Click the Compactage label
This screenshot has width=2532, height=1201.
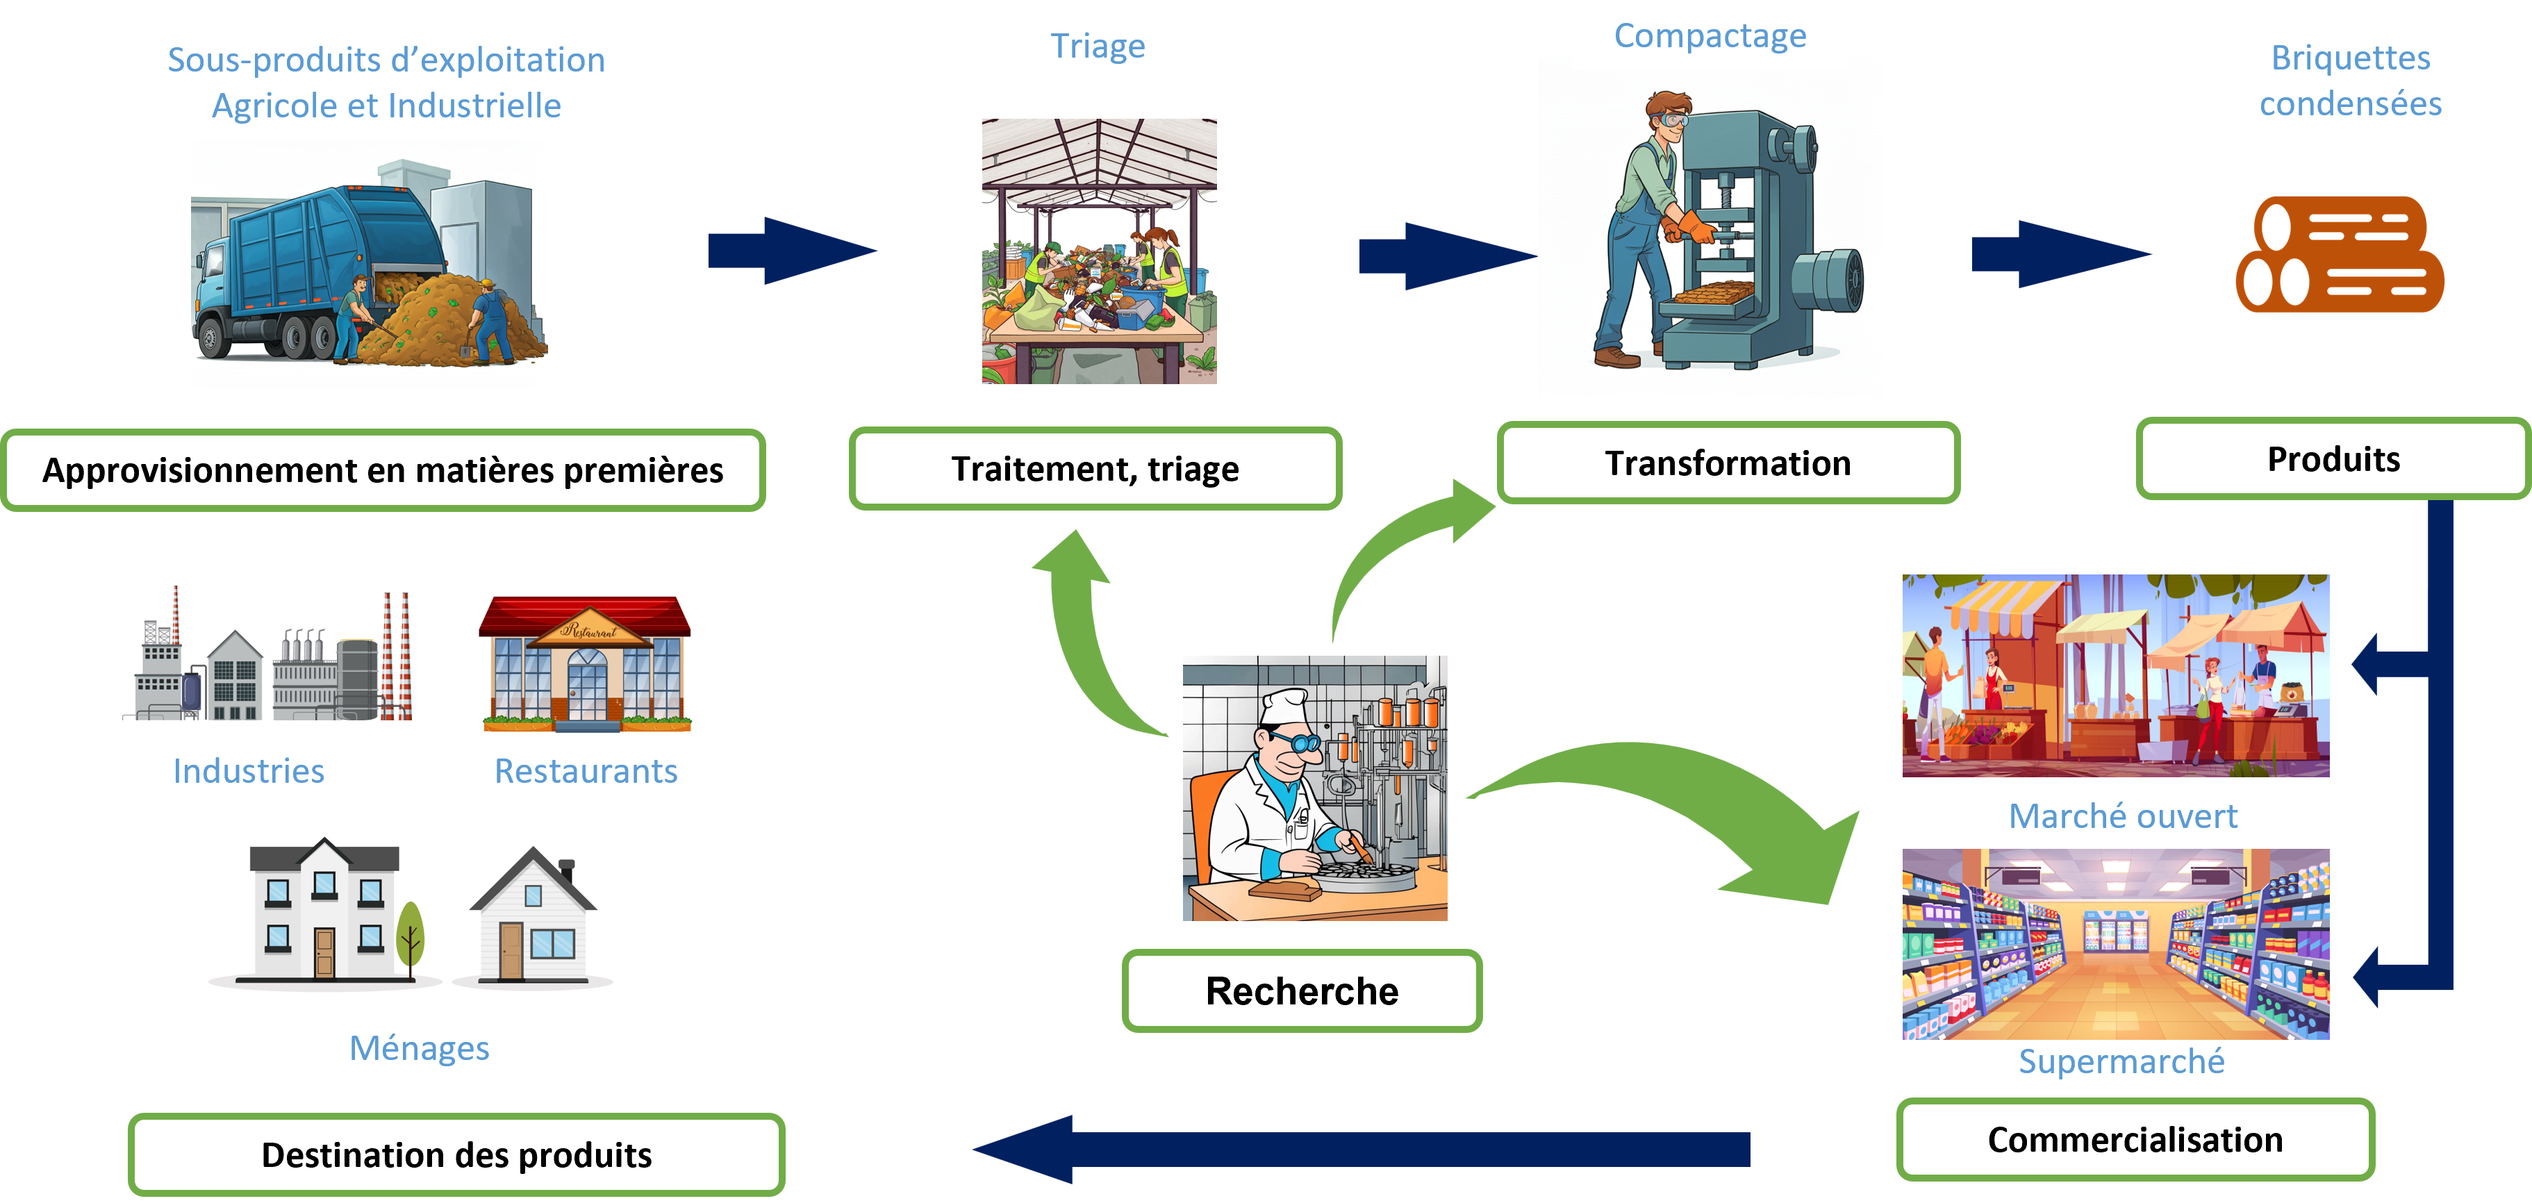point(1710,35)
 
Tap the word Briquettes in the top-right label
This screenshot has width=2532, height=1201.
point(2350,58)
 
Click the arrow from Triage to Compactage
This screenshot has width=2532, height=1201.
point(1445,256)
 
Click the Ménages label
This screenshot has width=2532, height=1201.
point(420,1049)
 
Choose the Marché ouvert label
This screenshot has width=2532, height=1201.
point(2122,815)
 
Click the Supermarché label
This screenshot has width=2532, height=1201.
point(2121,1061)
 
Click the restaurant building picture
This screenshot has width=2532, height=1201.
point(585,664)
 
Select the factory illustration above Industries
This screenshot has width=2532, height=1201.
point(266,654)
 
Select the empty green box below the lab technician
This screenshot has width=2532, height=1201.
point(1302,991)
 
